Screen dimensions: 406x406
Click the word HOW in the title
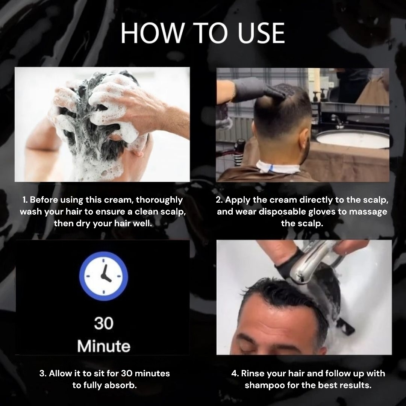(152, 33)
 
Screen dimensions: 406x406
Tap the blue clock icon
(104, 276)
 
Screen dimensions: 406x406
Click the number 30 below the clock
(104, 323)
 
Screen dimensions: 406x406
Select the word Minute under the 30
(104, 346)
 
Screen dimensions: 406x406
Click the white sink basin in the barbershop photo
(353, 138)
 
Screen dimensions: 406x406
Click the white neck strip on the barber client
(277, 166)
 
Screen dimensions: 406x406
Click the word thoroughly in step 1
(159, 200)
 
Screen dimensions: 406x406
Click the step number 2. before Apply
(219, 200)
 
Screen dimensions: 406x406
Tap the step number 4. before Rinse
(235, 373)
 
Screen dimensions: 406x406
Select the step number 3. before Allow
(43, 373)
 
